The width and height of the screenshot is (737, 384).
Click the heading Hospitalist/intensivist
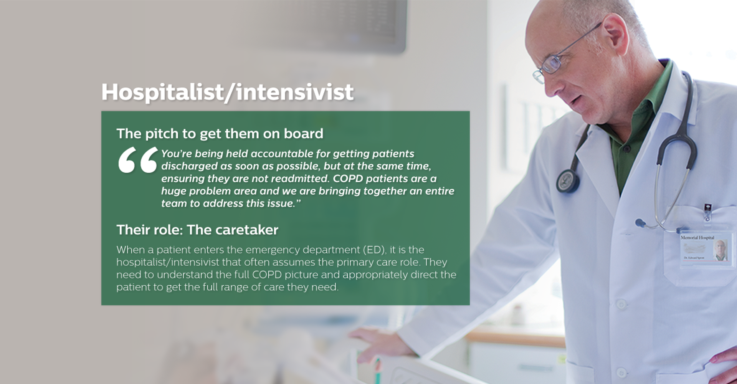pos(227,92)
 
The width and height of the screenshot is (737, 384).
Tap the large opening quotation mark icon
pos(138,160)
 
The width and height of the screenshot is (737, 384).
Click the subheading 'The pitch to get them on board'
pos(220,134)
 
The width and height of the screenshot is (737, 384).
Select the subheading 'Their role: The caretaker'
pos(197,230)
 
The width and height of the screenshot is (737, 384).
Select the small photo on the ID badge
pos(720,250)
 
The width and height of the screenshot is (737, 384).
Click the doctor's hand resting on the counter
pos(380,344)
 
